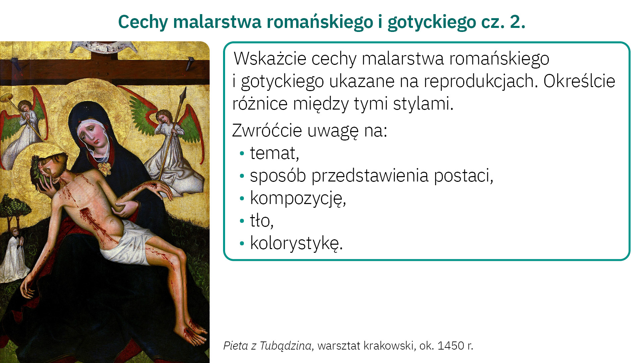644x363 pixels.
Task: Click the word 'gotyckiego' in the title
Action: tap(432, 22)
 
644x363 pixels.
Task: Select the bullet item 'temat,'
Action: tap(274, 153)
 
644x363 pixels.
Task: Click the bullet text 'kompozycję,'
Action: tap(298, 198)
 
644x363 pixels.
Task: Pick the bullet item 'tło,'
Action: tap(262, 221)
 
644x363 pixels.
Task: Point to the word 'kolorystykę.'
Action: tap(297, 243)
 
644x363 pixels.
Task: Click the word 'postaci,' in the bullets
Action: tap(464, 176)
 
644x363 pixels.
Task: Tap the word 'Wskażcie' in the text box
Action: tap(270, 58)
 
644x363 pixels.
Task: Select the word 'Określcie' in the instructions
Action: tap(579, 81)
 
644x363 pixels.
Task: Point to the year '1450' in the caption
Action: tap(451, 346)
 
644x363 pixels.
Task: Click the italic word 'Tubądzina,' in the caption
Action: tap(287, 346)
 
